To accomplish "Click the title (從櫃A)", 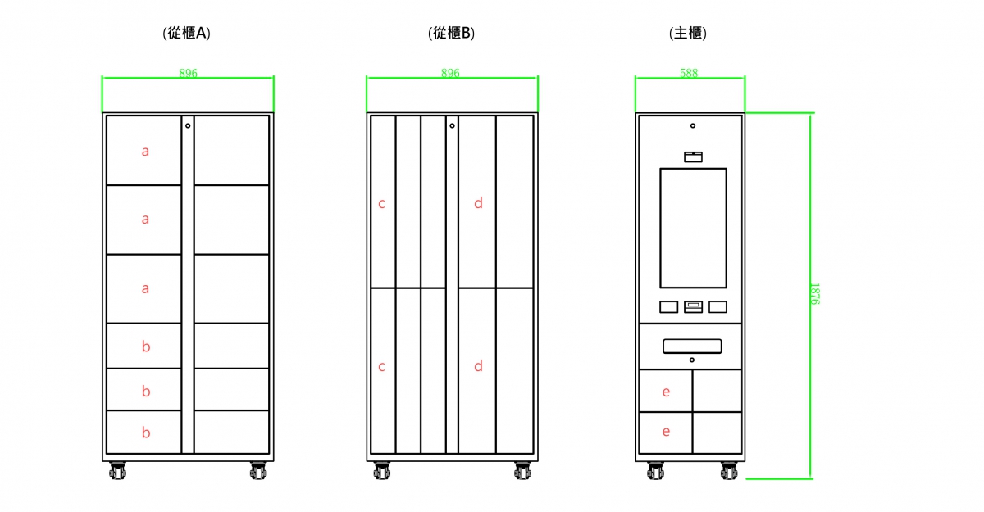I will click(x=188, y=34).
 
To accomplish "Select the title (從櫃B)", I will click(x=452, y=34).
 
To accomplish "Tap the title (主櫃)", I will click(x=689, y=34).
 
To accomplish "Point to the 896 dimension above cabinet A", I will click(x=188, y=73).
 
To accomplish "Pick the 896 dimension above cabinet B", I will click(x=450, y=73).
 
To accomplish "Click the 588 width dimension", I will click(x=689, y=73).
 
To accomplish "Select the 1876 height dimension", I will click(x=814, y=294).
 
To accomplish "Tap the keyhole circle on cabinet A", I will click(x=188, y=125).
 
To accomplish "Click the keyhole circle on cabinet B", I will click(x=452, y=125).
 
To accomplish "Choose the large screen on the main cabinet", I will click(x=693, y=228).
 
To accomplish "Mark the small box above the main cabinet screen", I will click(x=693, y=156).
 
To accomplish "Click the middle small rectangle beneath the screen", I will click(x=693, y=306).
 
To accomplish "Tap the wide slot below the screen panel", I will click(x=692, y=347).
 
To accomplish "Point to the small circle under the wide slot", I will click(x=692, y=360).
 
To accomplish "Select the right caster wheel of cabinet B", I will click(x=522, y=471).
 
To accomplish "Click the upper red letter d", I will click(x=479, y=203).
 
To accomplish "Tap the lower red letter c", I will click(x=381, y=367).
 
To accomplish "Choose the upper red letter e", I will click(x=666, y=392).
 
